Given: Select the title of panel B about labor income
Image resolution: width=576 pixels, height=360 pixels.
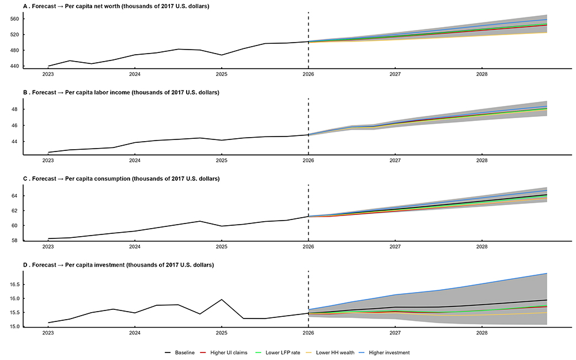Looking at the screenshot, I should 121,92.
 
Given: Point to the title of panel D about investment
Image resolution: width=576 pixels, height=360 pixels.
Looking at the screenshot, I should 118,265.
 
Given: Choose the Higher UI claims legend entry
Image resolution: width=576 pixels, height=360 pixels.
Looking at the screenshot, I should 229,352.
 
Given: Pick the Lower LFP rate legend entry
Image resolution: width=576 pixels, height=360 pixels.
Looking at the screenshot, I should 282,352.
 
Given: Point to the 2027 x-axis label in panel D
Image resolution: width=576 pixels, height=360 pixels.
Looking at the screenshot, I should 395,333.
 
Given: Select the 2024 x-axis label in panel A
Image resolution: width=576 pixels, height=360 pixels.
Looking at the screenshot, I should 134,74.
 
